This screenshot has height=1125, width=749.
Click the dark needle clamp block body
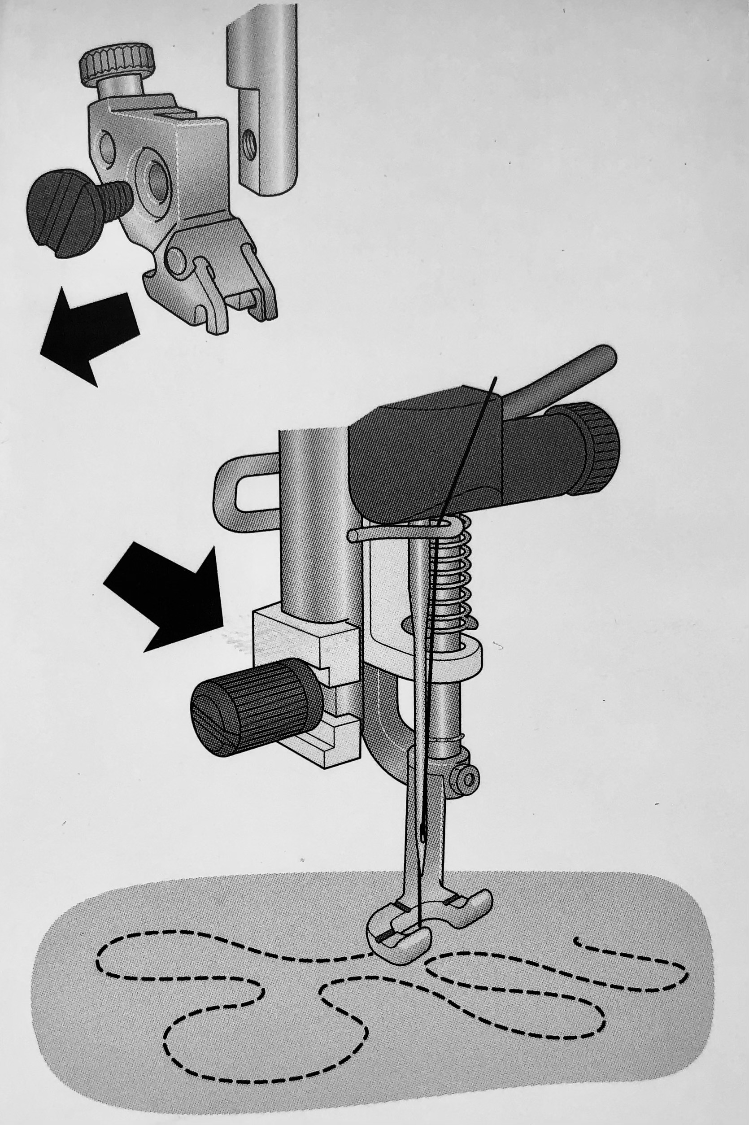(420, 458)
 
